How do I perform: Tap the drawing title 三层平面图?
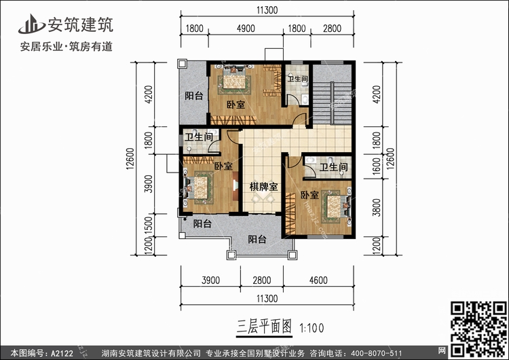(263, 327)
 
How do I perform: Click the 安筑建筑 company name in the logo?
(79, 24)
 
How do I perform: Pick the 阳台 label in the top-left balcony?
(194, 96)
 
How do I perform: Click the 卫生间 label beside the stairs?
(298, 79)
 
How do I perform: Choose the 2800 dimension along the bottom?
(261, 280)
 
